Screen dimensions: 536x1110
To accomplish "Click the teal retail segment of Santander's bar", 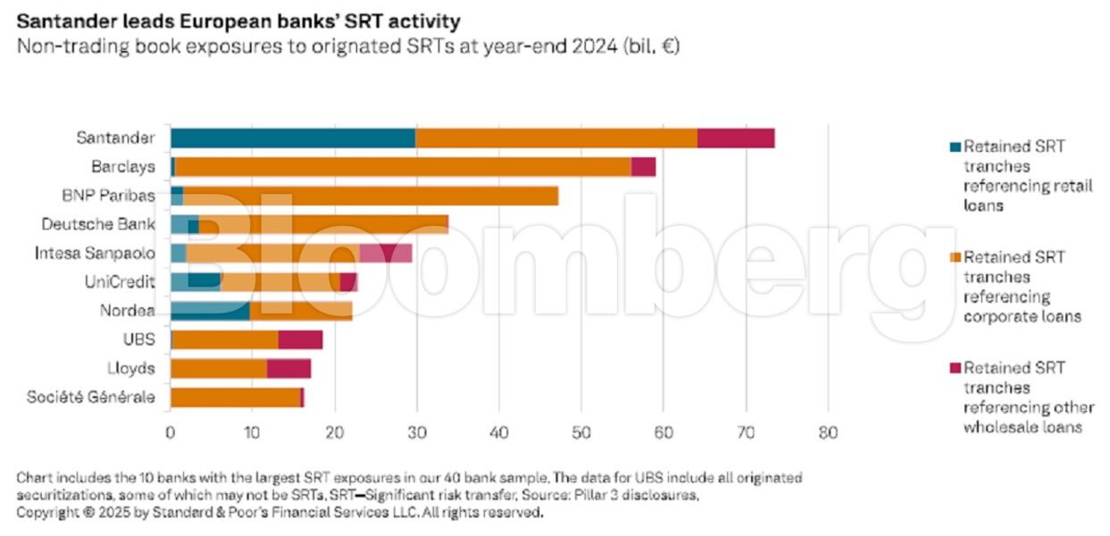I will (292, 138).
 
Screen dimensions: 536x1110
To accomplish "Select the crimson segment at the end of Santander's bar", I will (736, 138).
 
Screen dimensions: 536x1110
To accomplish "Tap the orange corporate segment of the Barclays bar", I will (403, 167).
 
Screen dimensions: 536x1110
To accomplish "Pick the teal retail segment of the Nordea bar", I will (210, 311).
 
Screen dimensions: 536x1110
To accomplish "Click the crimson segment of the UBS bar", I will (300, 339).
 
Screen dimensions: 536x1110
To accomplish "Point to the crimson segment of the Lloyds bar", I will (288, 368).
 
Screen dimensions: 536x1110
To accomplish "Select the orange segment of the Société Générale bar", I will (235, 398).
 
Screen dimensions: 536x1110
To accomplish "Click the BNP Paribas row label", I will (120, 196).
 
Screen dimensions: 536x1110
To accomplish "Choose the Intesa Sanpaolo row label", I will (95, 253).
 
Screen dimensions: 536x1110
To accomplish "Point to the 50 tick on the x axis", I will (581, 433).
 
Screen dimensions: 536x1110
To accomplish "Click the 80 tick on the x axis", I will (828, 433).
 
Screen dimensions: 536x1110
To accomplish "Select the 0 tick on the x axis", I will (170, 433).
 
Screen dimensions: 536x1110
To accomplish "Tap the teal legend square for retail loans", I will (953, 147).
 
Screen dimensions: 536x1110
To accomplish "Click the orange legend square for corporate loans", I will (953, 257).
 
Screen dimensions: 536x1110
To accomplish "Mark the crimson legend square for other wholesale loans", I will (953, 367).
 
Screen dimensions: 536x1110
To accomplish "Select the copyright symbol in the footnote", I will (89, 514).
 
